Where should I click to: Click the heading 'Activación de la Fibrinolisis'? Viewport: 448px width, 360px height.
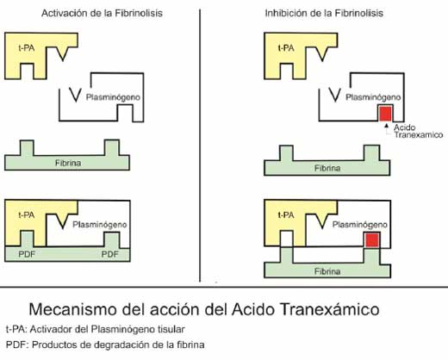click(102, 13)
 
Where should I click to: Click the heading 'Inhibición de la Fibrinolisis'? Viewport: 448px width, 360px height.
click(324, 13)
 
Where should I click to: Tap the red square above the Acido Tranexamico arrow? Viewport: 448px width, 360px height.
click(385, 114)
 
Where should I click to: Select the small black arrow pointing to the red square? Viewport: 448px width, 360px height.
click(387, 126)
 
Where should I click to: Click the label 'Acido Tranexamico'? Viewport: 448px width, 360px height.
click(418, 131)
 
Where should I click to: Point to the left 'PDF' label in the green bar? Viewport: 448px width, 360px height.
click(27, 254)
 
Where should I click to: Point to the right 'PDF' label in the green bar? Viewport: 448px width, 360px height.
click(110, 254)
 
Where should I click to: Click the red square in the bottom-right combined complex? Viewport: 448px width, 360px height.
click(372, 240)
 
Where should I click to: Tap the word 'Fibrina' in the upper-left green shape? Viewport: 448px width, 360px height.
click(68, 163)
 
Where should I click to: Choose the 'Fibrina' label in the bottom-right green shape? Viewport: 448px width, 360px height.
click(327, 271)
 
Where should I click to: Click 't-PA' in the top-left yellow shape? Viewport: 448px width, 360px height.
click(27, 48)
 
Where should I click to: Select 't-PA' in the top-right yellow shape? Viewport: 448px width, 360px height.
click(286, 48)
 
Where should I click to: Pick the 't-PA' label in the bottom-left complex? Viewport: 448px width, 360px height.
click(27, 215)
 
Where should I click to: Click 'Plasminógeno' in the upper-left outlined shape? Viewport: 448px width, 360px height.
click(113, 97)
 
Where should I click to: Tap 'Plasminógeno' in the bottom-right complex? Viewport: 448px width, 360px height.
click(359, 225)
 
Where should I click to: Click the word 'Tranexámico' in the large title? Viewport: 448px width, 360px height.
click(330, 309)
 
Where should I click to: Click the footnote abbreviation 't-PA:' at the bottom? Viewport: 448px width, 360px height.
click(16, 329)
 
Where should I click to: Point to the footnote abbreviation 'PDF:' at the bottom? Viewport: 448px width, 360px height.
click(16, 344)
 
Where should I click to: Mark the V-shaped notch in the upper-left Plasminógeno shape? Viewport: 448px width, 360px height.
click(76, 95)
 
